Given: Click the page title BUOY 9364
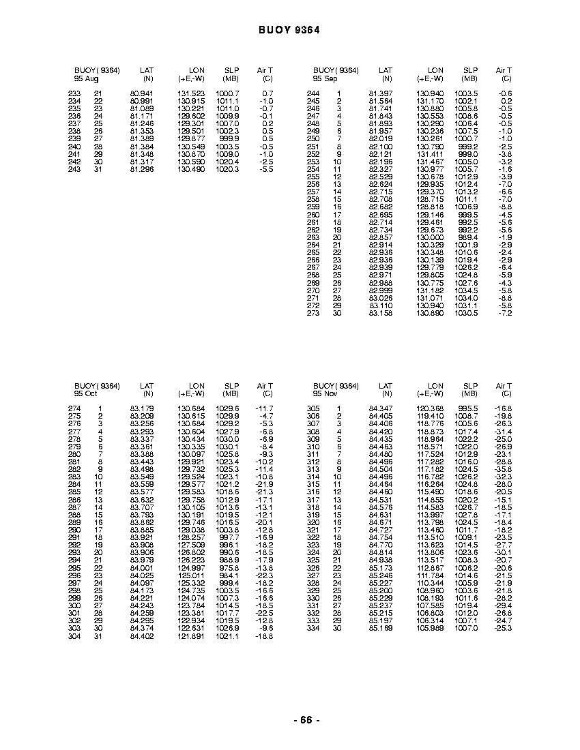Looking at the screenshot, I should pyautogui.click(x=289, y=30).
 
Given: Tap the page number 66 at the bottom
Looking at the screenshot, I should pyautogui.click(x=306, y=720).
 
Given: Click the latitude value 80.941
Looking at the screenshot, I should pyautogui.click(x=142, y=93).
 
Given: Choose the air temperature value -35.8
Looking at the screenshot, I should pyautogui.click(x=503, y=469).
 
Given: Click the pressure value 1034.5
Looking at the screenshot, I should pyautogui.click(x=467, y=290).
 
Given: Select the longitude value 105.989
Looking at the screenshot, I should pyautogui.click(x=430, y=629).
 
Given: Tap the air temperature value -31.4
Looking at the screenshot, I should pyautogui.click(x=503, y=432).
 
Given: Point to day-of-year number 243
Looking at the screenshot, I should pyautogui.click(x=74, y=169).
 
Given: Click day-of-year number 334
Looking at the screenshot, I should pyautogui.click(x=313, y=629).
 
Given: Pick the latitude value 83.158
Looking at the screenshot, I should pyautogui.click(x=381, y=313).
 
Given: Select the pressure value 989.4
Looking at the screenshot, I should pyautogui.click(x=468, y=237).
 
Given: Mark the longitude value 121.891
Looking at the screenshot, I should pyautogui.click(x=191, y=636).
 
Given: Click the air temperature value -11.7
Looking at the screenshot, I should pyautogui.click(x=264, y=408).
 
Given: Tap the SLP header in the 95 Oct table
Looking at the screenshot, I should pyautogui.click(x=231, y=386).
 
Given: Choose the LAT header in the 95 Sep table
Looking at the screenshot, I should pyautogui.click(x=386, y=70).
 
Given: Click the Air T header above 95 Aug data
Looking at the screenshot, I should pyautogui.click(x=265, y=70).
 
